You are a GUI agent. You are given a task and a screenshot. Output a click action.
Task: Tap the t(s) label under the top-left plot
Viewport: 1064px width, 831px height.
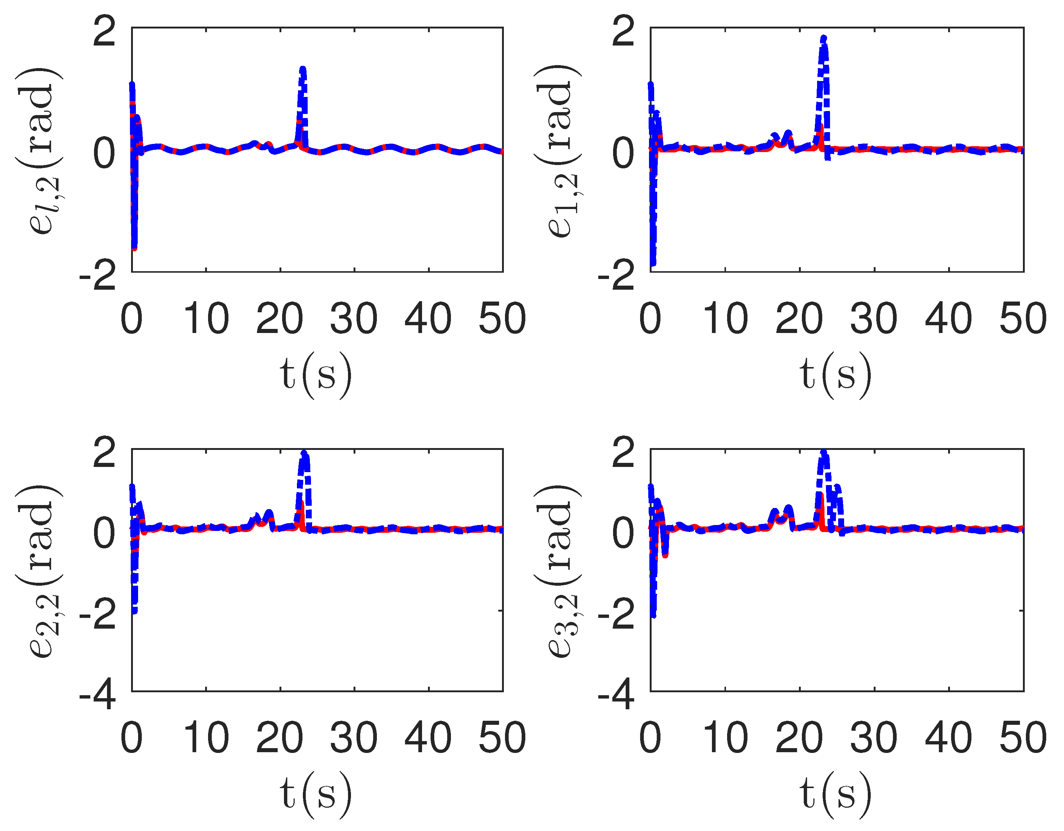pos(316,375)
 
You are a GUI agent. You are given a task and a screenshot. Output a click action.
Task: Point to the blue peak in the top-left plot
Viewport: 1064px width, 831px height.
pos(302,70)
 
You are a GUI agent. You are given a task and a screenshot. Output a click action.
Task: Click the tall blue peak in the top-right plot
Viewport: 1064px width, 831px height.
pos(823,39)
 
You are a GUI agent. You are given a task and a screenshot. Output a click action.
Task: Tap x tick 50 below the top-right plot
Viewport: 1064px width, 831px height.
pos(1023,319)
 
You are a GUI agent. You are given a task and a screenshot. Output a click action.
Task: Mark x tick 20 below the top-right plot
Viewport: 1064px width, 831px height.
pos(799,319)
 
